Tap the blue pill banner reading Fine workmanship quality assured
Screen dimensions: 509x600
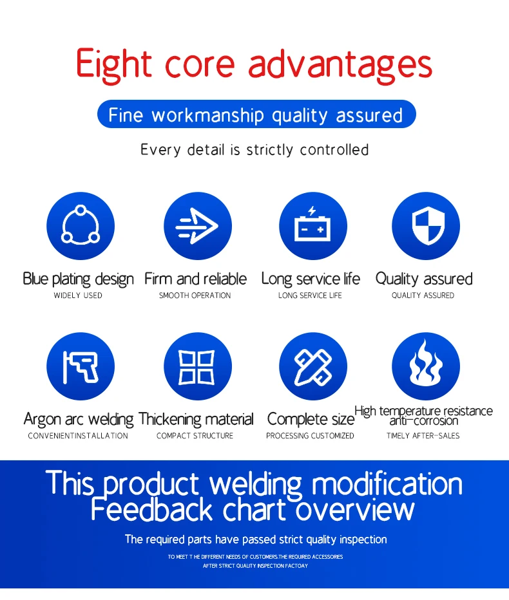pos(256,114)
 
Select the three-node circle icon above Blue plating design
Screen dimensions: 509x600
pos(81,226)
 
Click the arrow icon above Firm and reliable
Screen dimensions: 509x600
pos(198,226)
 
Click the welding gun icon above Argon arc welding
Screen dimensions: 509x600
pos(81,366)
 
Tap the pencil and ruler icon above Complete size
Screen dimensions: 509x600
pos(313,366)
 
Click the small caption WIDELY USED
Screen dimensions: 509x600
pos(78,295)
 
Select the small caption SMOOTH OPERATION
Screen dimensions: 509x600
pos(195,295)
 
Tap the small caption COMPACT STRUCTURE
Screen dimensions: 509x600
pos(195,435)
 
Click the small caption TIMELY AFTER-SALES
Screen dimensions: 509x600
pos(423,435)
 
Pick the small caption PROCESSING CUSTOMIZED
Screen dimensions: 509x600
pos(310,435)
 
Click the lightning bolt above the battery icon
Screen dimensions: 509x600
pos(312,211)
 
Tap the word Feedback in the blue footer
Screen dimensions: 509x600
pos(151,509)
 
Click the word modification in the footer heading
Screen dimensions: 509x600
pos(387,484)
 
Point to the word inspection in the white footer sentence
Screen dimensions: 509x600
pos(363,539)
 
